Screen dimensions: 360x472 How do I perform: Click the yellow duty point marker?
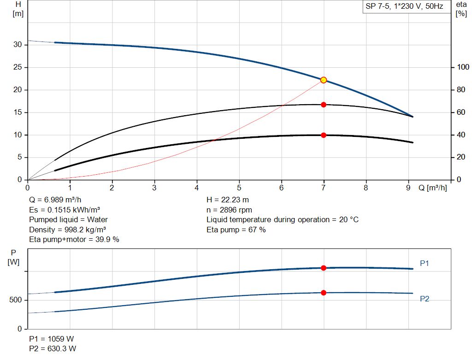pos(324,80)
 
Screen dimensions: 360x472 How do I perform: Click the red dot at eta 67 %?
pos(324,105)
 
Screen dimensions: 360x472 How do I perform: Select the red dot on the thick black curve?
pos(324,135)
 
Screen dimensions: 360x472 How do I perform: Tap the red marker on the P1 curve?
pos(324,268)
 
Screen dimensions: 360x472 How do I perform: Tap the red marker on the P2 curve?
pos(324,293)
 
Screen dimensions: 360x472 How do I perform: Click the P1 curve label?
pos(425,263)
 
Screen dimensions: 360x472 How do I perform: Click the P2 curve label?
pos(425,299)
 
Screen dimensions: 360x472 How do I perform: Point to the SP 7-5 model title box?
pos(404,6)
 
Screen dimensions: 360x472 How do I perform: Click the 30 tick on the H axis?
pos(18,45)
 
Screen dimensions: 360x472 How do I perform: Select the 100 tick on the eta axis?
pos(462,67)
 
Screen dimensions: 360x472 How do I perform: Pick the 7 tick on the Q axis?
pos(324,188)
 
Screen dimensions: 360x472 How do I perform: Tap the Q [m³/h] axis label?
pos(433,188)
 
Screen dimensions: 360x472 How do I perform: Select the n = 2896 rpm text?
pos(230,210)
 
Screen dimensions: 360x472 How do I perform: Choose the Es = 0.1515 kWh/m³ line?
pos(65,210)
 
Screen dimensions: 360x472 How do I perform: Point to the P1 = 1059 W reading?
pos(51,339)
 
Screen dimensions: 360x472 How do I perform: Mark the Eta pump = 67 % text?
pos(236,229)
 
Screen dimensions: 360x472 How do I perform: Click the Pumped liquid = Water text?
pos(68,219)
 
